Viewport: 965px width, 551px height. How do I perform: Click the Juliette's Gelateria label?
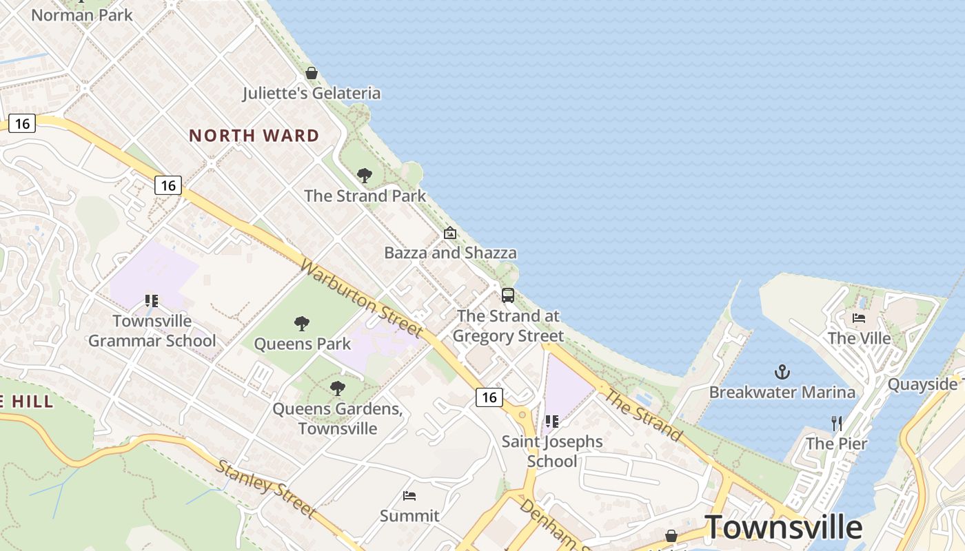pyautogui.click(x=312, y=93)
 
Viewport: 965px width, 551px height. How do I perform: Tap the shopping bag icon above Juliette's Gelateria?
pyautogui.click(x=312, y=73)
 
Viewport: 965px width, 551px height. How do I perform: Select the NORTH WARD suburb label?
pyautogui.click(x=254, y=136)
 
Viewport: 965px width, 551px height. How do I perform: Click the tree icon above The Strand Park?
pyautogui.click(x=365, y=176)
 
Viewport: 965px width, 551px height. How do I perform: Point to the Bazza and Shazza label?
pyautogui.click(x=450, y=253)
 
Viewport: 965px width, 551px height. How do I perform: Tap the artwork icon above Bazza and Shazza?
pyautogui.click(x=450, y=233)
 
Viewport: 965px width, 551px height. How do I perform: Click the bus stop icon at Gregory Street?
pyautogui.click(x=508, y=295)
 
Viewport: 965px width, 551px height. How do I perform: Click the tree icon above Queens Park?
pyautogui.click(x=302, y=324)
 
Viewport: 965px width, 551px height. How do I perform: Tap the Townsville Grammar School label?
pyautogui.click(x=152, y=331)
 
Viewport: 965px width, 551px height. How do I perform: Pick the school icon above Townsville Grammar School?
pyautogui.click(x=152, y=301)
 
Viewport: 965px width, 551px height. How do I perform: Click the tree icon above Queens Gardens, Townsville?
pyautogui.click(x=337, y=388)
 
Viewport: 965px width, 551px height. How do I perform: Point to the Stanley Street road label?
pyautogui.click(x=266, y=488)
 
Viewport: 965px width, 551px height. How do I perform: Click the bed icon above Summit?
pyautogui.click(x=409, y=496)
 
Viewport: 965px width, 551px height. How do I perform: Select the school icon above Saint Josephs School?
pyautogui.click(x=551, y=422)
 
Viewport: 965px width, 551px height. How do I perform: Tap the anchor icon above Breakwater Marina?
pyautogui.click(x=782, y=373)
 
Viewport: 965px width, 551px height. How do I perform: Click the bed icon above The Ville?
pyautogui.click(x=859, y=318)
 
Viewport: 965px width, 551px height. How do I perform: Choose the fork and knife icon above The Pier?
pyautogui.click(x=837, y=423)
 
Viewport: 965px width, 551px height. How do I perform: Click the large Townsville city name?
pyautogui.click(x=783, y=528)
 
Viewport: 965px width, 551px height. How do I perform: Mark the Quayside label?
pyautogui.click(x=922, y=384)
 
